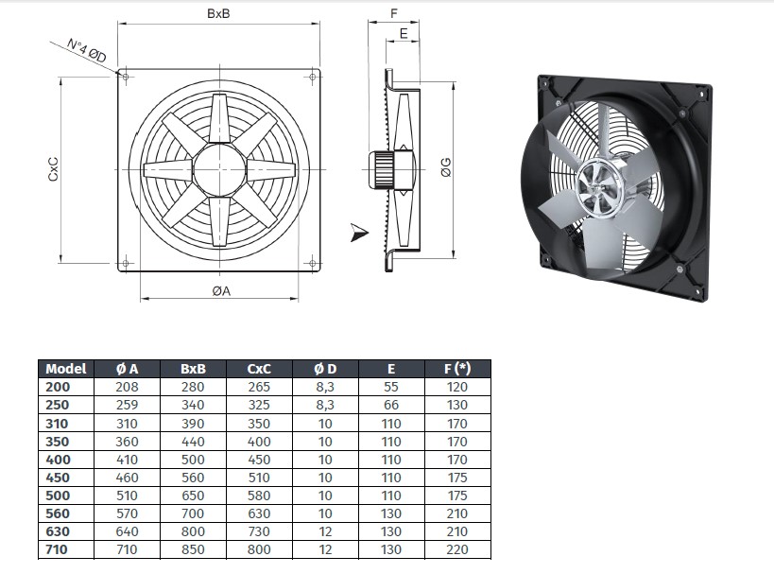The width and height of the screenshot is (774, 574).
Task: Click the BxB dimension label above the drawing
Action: [218, 13]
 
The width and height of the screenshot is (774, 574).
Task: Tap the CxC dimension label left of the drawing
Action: [53, 168]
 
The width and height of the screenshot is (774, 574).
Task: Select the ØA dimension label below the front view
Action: [221, 291]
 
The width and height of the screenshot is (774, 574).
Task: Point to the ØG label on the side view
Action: [446, 167]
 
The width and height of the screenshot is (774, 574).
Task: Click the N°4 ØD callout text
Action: [86, 50]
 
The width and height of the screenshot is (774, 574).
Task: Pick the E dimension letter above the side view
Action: [404, 33]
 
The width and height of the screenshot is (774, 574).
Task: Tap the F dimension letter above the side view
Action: [394, 13]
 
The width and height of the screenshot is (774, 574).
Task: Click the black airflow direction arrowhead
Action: [359, 233]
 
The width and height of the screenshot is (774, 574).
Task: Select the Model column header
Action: [65, 369]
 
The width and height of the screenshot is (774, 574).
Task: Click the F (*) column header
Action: [457, 369]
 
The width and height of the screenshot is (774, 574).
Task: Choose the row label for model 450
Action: [58, 478]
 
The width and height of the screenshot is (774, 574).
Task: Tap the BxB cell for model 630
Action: [193, 531]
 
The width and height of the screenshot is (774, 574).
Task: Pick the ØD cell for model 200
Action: [325, 388]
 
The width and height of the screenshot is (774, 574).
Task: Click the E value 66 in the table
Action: [391, 405]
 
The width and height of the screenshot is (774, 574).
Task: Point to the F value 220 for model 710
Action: [456, 549]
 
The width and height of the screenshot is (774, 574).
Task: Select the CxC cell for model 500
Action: [259, 496]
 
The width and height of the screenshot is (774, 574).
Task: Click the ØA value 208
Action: [127, 387]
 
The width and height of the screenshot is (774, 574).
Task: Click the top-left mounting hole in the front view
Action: [126, 77]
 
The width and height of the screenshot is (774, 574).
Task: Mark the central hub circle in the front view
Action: [219, 169]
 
